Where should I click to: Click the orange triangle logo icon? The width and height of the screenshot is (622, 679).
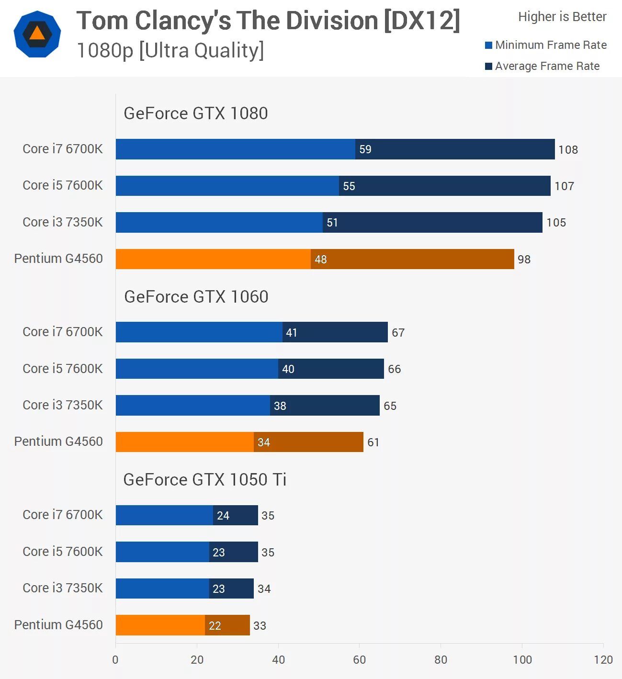point(37,34)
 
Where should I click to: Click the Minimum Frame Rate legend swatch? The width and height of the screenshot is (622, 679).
point(488,45)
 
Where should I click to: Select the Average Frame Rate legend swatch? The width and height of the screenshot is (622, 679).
point(488,67)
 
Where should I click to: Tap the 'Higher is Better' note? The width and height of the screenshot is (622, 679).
point(562,17)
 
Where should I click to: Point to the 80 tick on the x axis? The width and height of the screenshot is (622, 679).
point(441,660)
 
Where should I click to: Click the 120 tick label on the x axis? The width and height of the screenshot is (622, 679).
point(603,660)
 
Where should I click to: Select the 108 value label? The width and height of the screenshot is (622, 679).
point(568,150)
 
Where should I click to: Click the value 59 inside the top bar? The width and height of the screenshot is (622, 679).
point(365,149)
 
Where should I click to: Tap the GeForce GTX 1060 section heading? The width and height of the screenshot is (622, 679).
point(196,297)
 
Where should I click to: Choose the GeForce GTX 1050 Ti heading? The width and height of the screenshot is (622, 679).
point(204,480)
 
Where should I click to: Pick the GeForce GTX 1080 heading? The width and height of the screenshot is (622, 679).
point(195,113)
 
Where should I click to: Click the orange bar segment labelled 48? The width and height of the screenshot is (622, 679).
point(213,259)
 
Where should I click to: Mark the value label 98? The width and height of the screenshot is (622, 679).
point(524,260)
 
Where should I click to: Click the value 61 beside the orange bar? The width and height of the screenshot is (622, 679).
point(373,442)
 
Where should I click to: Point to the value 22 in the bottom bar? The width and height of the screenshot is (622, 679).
point(215,626)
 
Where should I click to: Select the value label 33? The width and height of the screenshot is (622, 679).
point(260,626)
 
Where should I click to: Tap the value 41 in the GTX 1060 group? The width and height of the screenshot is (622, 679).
point(292,333)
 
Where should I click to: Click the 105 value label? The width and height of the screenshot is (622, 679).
point(556,223)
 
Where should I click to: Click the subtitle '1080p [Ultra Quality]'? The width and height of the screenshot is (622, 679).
point(170,51)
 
